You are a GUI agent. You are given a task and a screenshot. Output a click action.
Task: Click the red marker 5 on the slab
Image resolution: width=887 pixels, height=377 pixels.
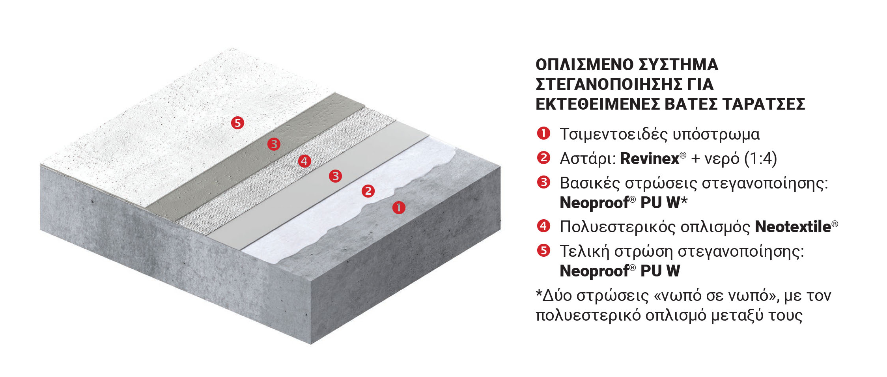pos(237,123)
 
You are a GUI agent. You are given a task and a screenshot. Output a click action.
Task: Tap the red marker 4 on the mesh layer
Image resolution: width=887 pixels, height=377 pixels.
pos(304,161)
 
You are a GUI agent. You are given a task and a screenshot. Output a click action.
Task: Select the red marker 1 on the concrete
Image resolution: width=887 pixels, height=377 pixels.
pos(399,207)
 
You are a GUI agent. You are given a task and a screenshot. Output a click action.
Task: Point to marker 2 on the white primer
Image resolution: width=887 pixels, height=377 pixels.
pos(368,191)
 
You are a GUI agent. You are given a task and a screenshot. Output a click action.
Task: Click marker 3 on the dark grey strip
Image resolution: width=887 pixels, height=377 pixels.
pos(274,144)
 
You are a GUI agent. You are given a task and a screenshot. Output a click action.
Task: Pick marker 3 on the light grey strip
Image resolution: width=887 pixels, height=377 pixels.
pos(335,176)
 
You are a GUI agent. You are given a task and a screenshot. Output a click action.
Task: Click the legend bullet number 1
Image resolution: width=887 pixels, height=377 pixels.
pos(543,133)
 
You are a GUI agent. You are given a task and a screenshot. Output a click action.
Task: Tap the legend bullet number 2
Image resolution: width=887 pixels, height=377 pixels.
pos(543,158)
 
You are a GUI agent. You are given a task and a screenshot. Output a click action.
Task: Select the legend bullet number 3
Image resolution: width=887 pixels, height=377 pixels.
pos(543,182)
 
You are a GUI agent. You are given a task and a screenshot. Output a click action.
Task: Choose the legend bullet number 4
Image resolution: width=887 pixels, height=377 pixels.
pos(543,226)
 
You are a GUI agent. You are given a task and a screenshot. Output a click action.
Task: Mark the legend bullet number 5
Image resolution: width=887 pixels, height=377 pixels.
pos(543,250)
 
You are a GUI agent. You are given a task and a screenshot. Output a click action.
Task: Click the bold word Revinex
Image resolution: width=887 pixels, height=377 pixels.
pos(650,159)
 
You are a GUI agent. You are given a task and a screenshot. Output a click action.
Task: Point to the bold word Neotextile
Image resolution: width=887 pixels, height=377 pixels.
pos(793,227)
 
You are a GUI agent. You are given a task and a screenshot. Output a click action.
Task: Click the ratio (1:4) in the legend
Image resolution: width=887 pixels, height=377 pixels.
pos(760,159)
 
